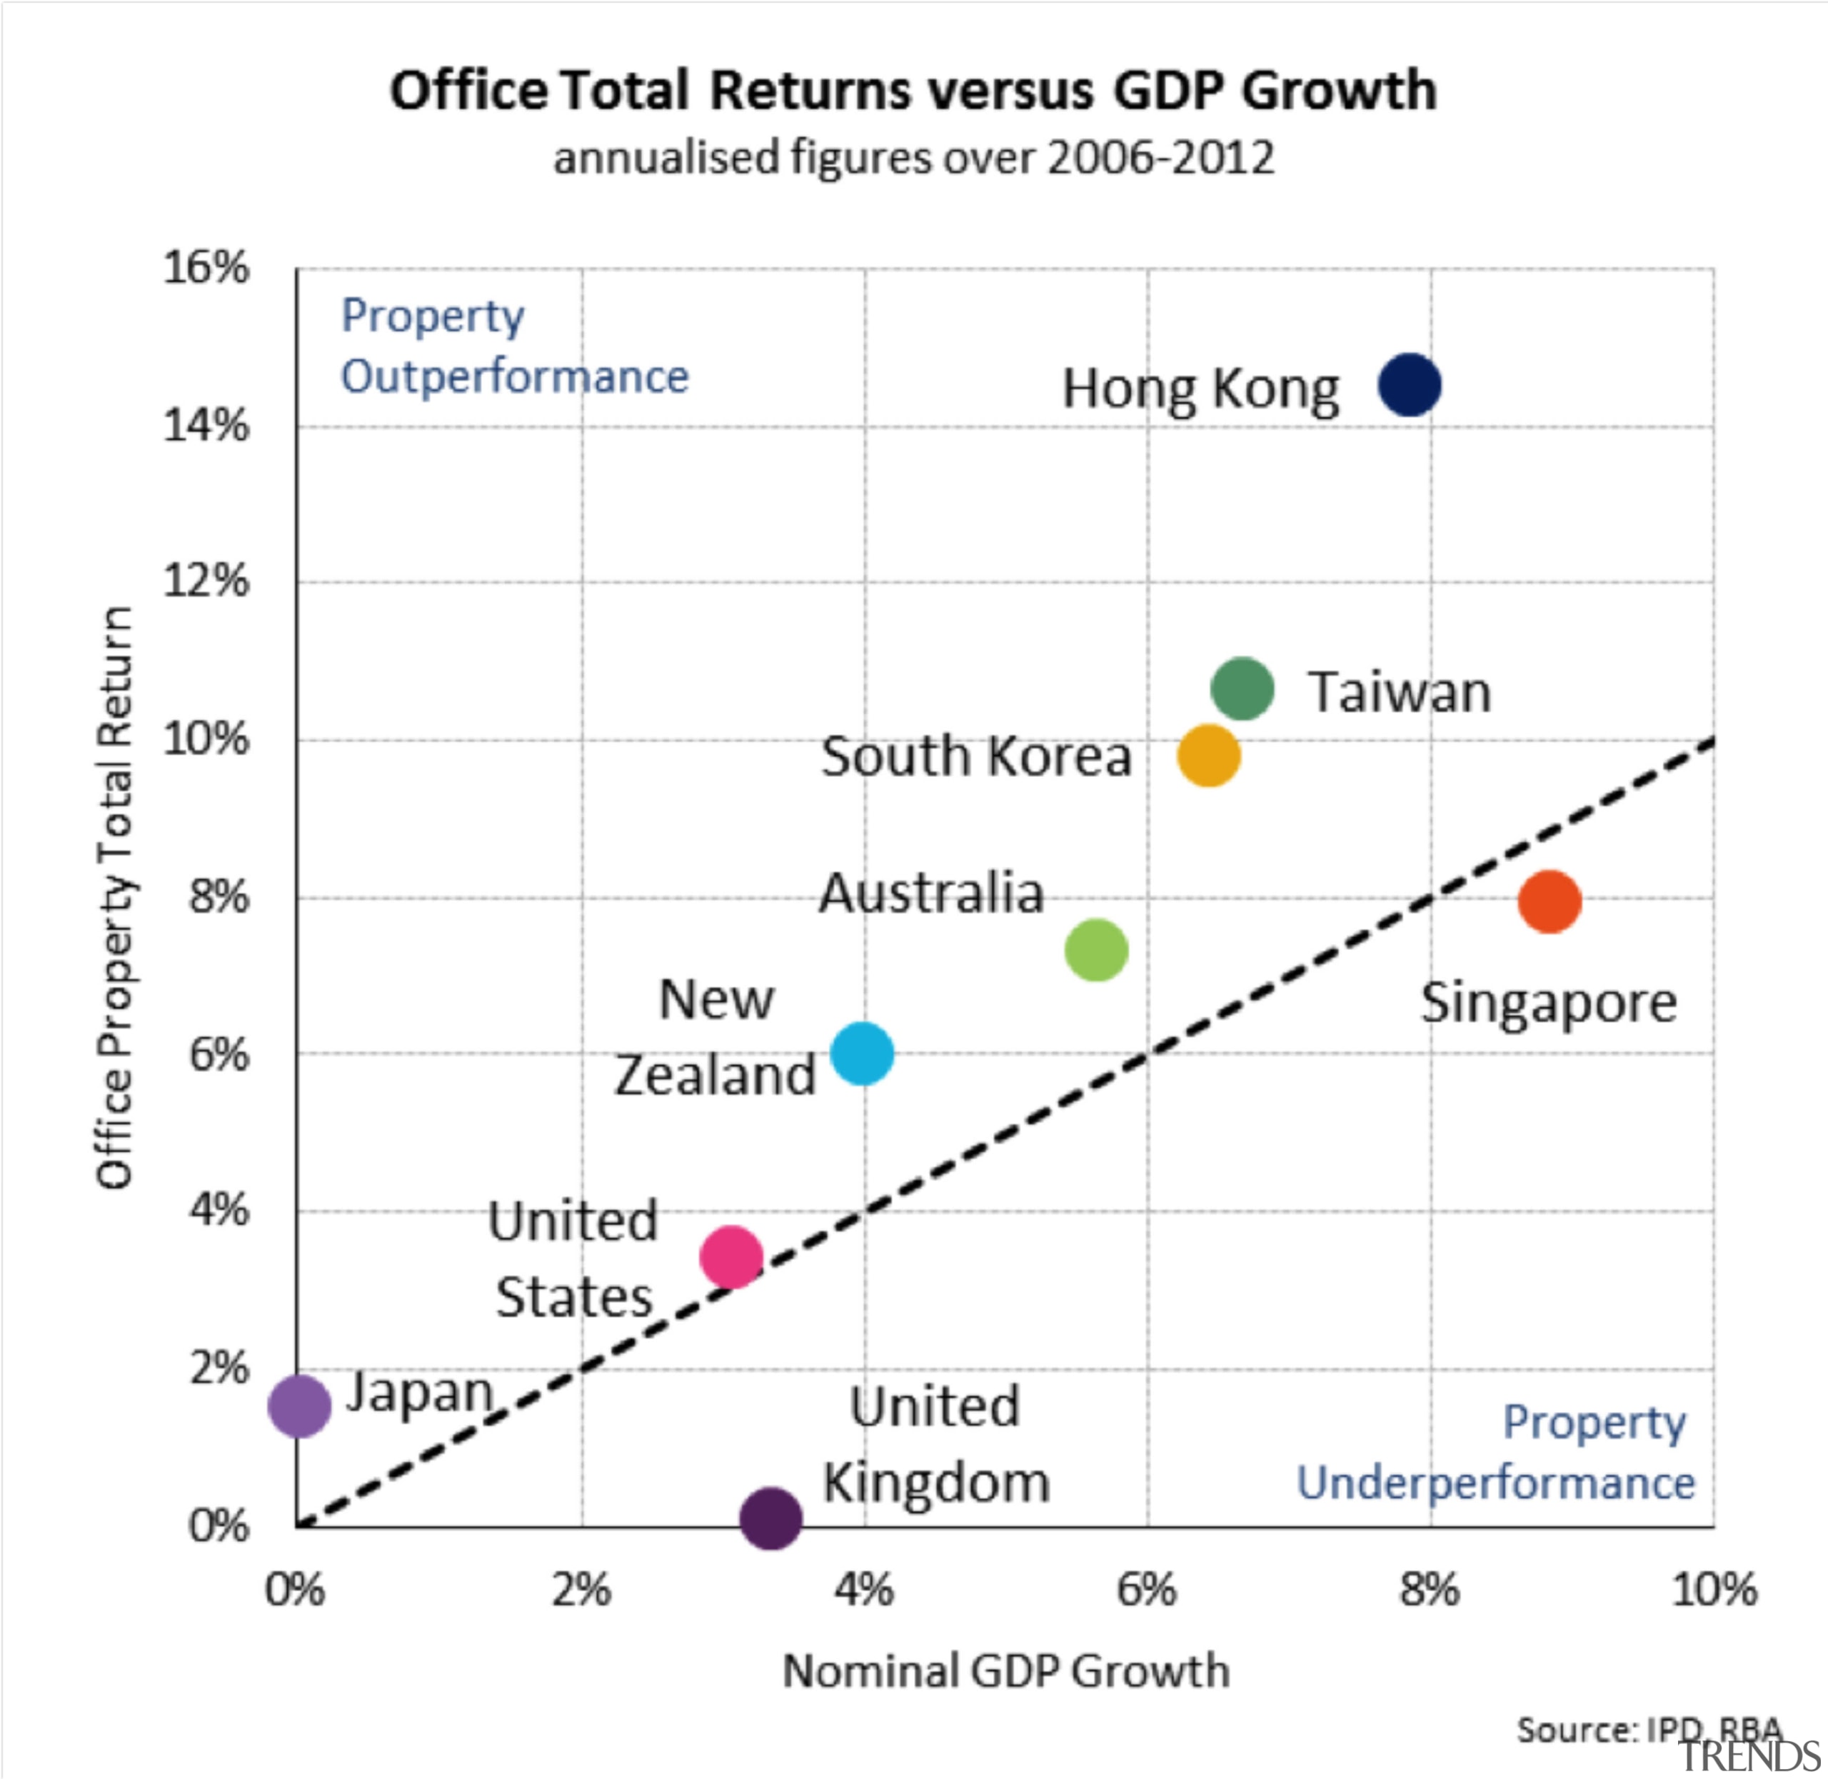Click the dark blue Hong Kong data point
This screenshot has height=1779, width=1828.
tap(1409, 384)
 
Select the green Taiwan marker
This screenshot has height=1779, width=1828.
tap(1241, 688)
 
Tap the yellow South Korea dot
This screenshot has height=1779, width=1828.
tap(1207, 755)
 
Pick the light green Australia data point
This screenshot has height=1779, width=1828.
tap(1095, 949)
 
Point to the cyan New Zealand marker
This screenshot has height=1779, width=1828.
tap(861, 1053)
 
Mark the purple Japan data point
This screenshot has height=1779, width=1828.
tap(299, 1404)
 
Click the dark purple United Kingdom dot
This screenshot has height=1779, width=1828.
tap(770, 1518)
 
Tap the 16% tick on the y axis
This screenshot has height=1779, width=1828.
tap(206, 268)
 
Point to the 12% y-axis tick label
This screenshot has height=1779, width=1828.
tap(206, 581)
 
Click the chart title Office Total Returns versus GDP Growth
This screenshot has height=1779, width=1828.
tap(913, 91)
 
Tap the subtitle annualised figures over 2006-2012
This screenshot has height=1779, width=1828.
tap(913, 157)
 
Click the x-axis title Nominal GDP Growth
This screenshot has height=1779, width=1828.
tap(1005, 1672)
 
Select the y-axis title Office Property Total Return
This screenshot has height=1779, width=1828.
tap(115, 897)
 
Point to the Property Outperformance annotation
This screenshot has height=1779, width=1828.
tap(513, 346)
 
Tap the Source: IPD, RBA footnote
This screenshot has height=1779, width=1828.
tap(1649, 1730)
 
